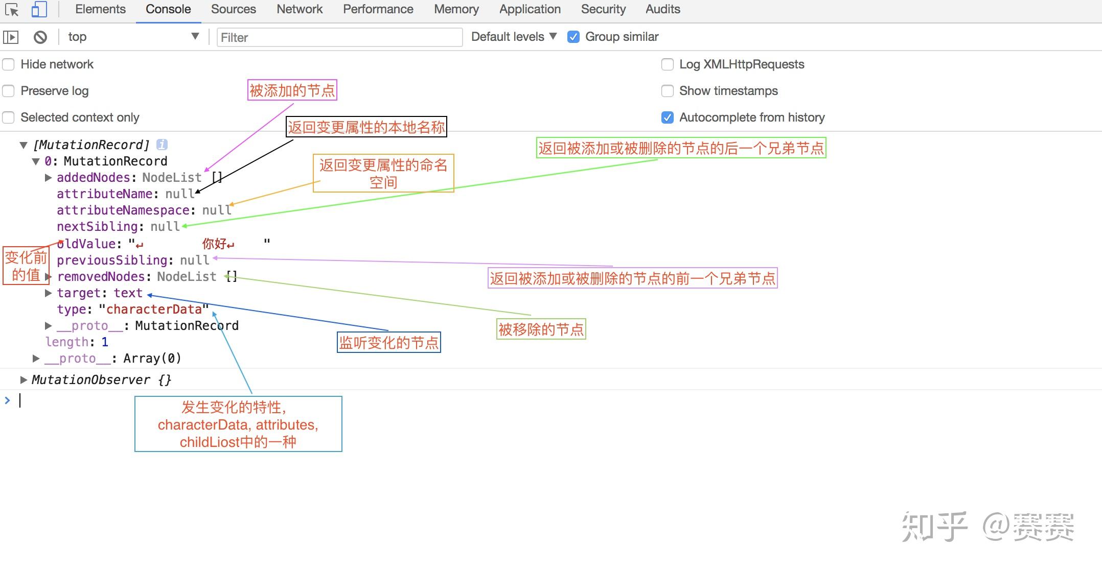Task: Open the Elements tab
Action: (x=100, y=9)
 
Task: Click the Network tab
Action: (x=300, y=9)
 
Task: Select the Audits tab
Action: (x=662, y=9)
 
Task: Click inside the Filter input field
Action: (x=339, y=37)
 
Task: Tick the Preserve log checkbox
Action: (x=9, y=91)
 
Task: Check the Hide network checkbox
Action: (x=9, y=64)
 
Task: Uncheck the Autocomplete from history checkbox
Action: (x=668, y=117)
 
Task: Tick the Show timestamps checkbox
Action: (x=668, y=91)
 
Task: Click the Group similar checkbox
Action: (x=573, y=37)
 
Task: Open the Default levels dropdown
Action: (x=513, y=37)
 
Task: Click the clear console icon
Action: (x=40, y=37)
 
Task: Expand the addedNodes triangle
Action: (x=49, y=178)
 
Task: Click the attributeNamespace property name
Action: (x=123, y=210)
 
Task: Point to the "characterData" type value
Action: (x=154, y=310)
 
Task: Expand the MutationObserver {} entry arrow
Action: (x=24, y=380)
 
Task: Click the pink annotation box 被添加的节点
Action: (x=292, y=90)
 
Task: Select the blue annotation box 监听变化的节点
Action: (x=389, y=342)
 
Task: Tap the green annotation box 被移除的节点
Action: (x=541, y=329)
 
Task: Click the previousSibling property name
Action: (x=112, y=260)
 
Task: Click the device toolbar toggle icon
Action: (x=39, y=9)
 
